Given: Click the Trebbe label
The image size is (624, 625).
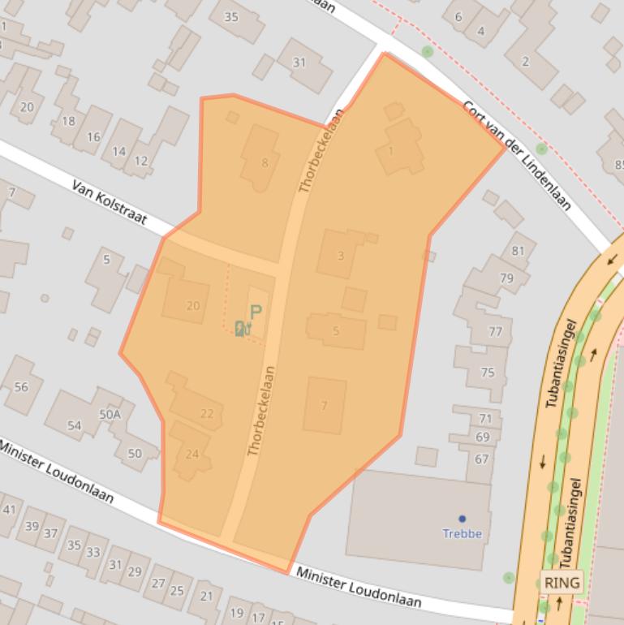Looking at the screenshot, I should click(462, 533).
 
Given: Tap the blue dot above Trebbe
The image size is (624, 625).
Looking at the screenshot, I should click(463, 519).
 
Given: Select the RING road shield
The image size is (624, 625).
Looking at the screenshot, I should click(562, 583).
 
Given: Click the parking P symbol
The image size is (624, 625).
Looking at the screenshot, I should click(256, 312).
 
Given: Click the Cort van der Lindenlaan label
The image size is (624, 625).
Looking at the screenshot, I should click(516, 154).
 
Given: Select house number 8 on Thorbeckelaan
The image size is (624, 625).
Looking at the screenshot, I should click(265, 163).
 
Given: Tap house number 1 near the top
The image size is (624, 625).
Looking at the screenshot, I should click(391, 150).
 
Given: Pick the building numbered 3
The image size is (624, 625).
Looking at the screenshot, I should click(341, 256).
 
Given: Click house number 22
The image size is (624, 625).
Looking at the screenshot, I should click(207, 414).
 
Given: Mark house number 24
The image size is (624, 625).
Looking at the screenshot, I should click(192, 454).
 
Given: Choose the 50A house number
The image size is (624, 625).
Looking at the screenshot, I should click(110, 414).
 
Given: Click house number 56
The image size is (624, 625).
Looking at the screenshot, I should click(21, 387).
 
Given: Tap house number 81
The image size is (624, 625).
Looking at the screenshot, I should click(518, 251).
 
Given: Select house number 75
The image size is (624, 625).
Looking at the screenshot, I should click(488, 373).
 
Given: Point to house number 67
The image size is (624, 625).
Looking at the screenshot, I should click(482, 459).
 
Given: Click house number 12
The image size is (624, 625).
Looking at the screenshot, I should click(141, 161).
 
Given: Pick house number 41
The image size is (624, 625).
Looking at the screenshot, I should click(10, 510).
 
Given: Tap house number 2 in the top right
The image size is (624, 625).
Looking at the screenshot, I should click(525, 62).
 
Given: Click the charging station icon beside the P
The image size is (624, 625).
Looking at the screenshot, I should click(240, 328).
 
